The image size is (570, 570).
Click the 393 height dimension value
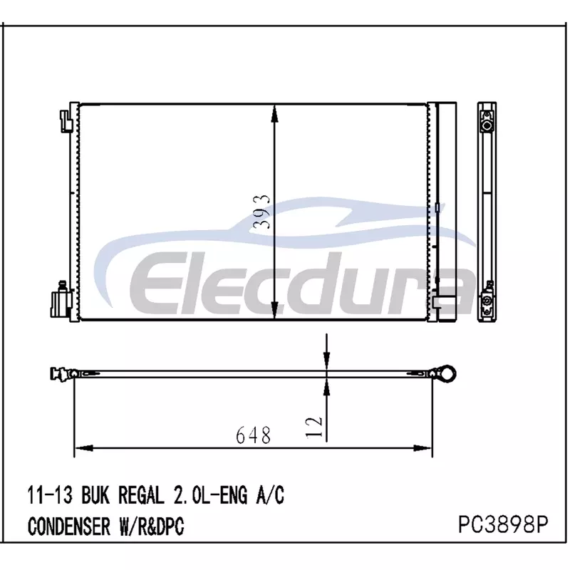click(262, 212)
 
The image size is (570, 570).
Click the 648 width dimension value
click(254, 435)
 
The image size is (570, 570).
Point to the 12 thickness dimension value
click(314, 427)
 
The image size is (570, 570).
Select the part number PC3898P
click(503, 524)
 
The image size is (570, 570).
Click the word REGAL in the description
click(141, 494)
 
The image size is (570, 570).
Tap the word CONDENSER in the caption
click(69, 526)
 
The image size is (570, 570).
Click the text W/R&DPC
click(152, 526)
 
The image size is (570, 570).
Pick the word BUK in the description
click(95, 494)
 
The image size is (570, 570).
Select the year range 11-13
click(50, 494)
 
